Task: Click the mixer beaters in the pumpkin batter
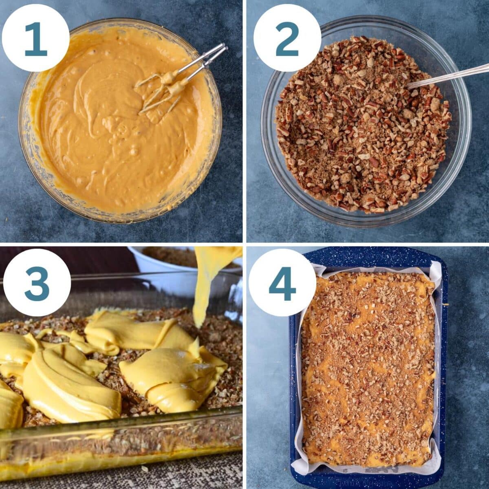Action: coord(179,77)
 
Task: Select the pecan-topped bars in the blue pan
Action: coord(367,367)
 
